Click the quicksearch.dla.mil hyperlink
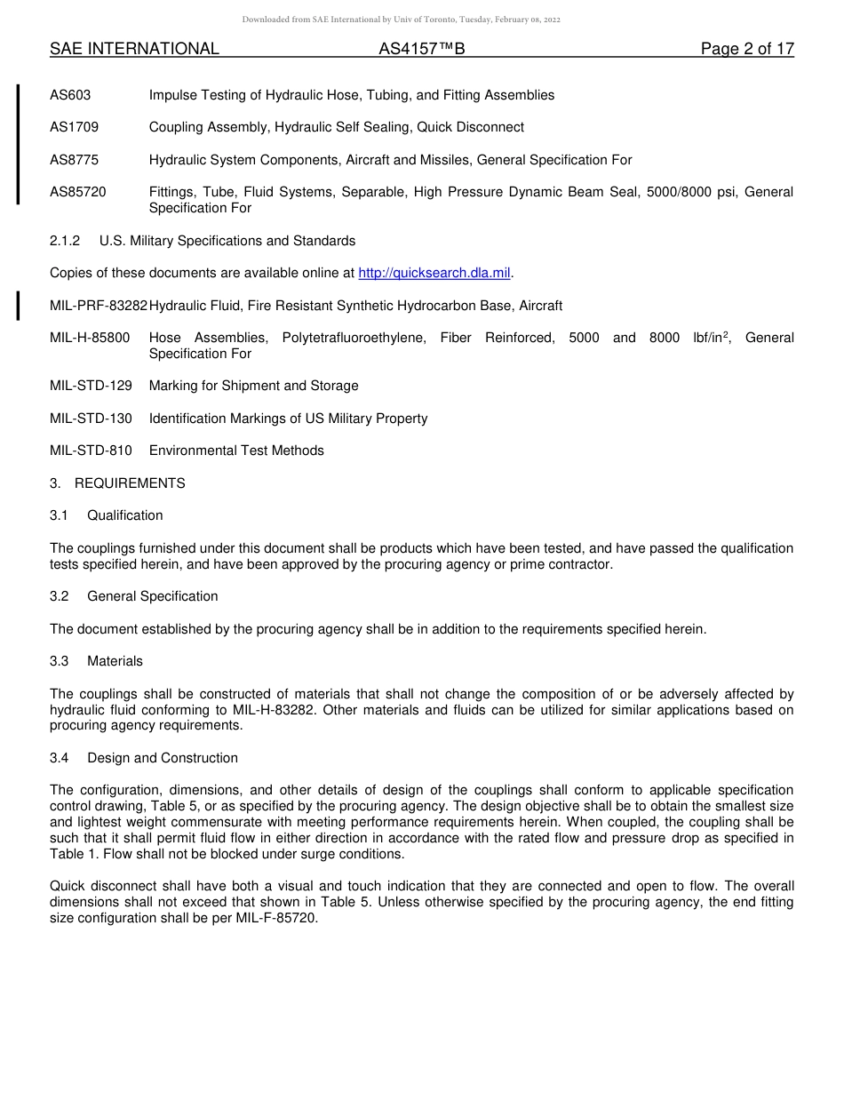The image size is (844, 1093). pos(434,273)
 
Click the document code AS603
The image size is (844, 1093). pos(70,95)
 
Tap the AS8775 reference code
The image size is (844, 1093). pos(74,160)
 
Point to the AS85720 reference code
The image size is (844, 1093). pos(77,192)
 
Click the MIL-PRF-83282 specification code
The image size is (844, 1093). pos(99,306)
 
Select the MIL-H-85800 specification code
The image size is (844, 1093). pos(90,338)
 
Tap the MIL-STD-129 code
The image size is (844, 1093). pos(91,386)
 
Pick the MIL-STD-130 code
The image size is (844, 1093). pos(91,419)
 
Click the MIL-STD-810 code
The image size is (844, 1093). pos(91,451)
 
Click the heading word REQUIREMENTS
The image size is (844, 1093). pos(130,483)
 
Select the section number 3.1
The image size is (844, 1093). pos(60,515)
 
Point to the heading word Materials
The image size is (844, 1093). pos(115,661)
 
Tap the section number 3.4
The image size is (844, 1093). pos(60,758)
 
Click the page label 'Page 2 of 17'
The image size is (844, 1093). pos(747,49)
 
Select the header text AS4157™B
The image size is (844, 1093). pos(421,49)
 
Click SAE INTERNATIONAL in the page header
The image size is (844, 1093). pos(134,49)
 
